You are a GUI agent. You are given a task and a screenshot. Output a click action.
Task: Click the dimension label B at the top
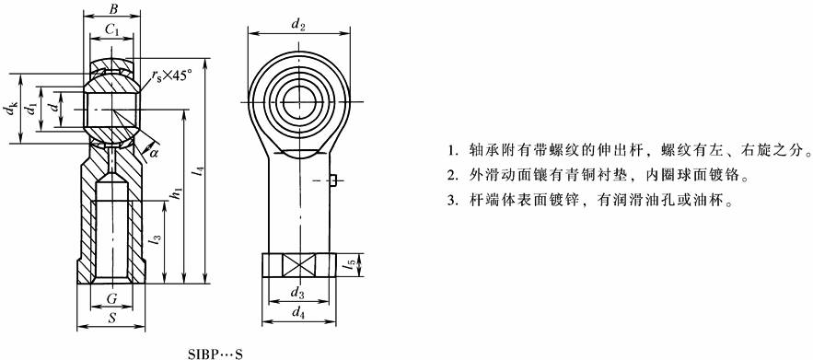(113, 8)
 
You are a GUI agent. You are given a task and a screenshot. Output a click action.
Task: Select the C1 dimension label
(112, 30)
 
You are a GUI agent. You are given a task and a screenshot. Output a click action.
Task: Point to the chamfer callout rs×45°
(171, 75)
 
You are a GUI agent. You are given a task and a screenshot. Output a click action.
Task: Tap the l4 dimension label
(200, 175)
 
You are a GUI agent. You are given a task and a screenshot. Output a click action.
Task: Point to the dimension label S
(111, 319)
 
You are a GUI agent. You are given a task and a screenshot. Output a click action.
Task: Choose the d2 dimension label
(297, 24)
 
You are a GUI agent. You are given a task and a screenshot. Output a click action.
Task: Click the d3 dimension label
(296, 293)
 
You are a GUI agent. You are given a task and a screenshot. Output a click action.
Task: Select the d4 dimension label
(297, 312)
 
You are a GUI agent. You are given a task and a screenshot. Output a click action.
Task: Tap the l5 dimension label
(351, 265)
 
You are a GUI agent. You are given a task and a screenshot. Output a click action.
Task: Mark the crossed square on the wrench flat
(297, 265)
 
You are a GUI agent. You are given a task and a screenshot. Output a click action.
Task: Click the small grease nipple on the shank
(333, 180)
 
